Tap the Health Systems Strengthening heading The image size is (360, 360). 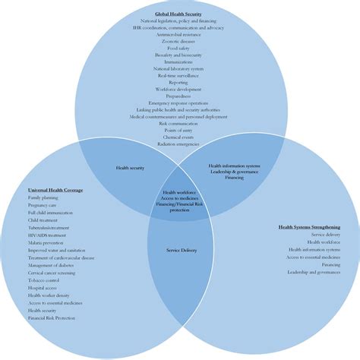(308, 227)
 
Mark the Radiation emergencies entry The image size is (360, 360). (178, 144)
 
